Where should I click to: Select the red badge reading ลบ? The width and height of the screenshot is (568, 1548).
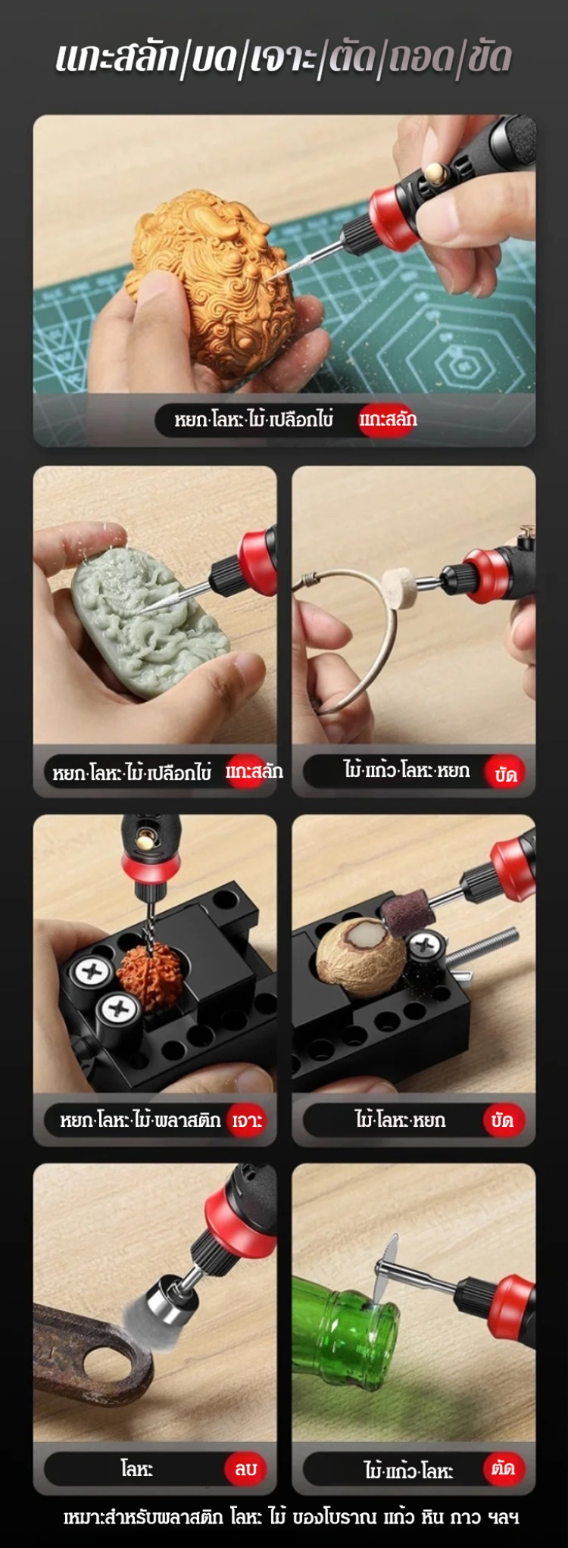[245, 1468]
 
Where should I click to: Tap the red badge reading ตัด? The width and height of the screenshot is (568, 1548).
[503, 1468]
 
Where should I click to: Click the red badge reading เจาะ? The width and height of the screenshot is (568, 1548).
[248, 1120]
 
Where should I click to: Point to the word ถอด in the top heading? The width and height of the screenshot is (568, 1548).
[420, 58]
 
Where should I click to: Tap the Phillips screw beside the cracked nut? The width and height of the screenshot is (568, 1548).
[426, 945]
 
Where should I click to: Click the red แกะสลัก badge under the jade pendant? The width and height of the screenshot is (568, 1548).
[254, 772]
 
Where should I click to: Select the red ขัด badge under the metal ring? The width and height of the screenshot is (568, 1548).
[505, 773]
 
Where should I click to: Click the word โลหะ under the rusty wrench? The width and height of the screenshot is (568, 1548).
[137, 1468]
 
